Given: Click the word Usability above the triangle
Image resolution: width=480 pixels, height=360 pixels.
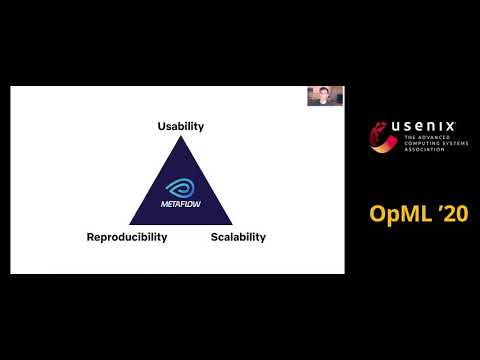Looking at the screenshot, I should (180, 127).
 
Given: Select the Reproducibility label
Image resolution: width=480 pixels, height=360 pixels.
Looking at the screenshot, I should (126, 238).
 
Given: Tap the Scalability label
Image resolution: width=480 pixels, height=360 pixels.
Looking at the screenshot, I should (238, 238).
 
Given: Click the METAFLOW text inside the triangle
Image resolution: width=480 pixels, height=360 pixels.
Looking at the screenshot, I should (181, 203).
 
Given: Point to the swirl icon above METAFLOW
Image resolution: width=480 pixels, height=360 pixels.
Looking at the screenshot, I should (181, 186).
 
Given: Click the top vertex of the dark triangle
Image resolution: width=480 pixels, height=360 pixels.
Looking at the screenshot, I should (181, 137).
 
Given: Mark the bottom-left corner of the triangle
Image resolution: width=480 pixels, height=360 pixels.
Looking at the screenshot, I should (130, 224).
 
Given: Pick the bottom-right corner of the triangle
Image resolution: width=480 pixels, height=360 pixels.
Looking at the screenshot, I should (232, 224).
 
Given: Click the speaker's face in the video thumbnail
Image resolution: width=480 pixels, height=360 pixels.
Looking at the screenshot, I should (325, 96).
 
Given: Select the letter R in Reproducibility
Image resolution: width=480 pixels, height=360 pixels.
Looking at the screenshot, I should (91, 238).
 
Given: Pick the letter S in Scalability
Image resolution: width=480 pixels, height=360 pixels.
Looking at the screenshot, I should (214, 238).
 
